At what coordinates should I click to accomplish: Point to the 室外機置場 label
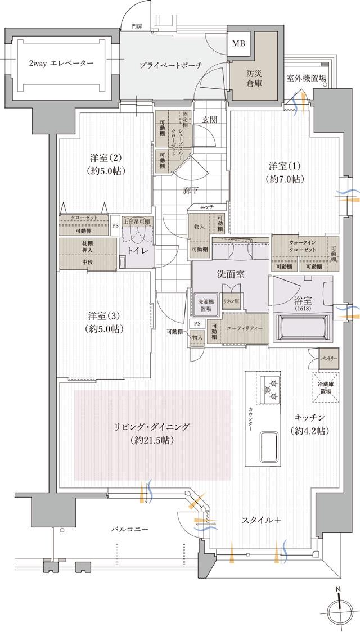[306, 79]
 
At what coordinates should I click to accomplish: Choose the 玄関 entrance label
[209, 120]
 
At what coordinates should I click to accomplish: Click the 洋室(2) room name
[106, 164]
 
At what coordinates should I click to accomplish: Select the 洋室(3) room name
[105, 321]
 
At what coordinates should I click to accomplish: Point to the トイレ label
[137, 251]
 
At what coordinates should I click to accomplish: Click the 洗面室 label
[229, 276]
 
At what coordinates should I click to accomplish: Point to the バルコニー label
[129, 530]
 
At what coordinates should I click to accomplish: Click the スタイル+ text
[262, 520]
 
